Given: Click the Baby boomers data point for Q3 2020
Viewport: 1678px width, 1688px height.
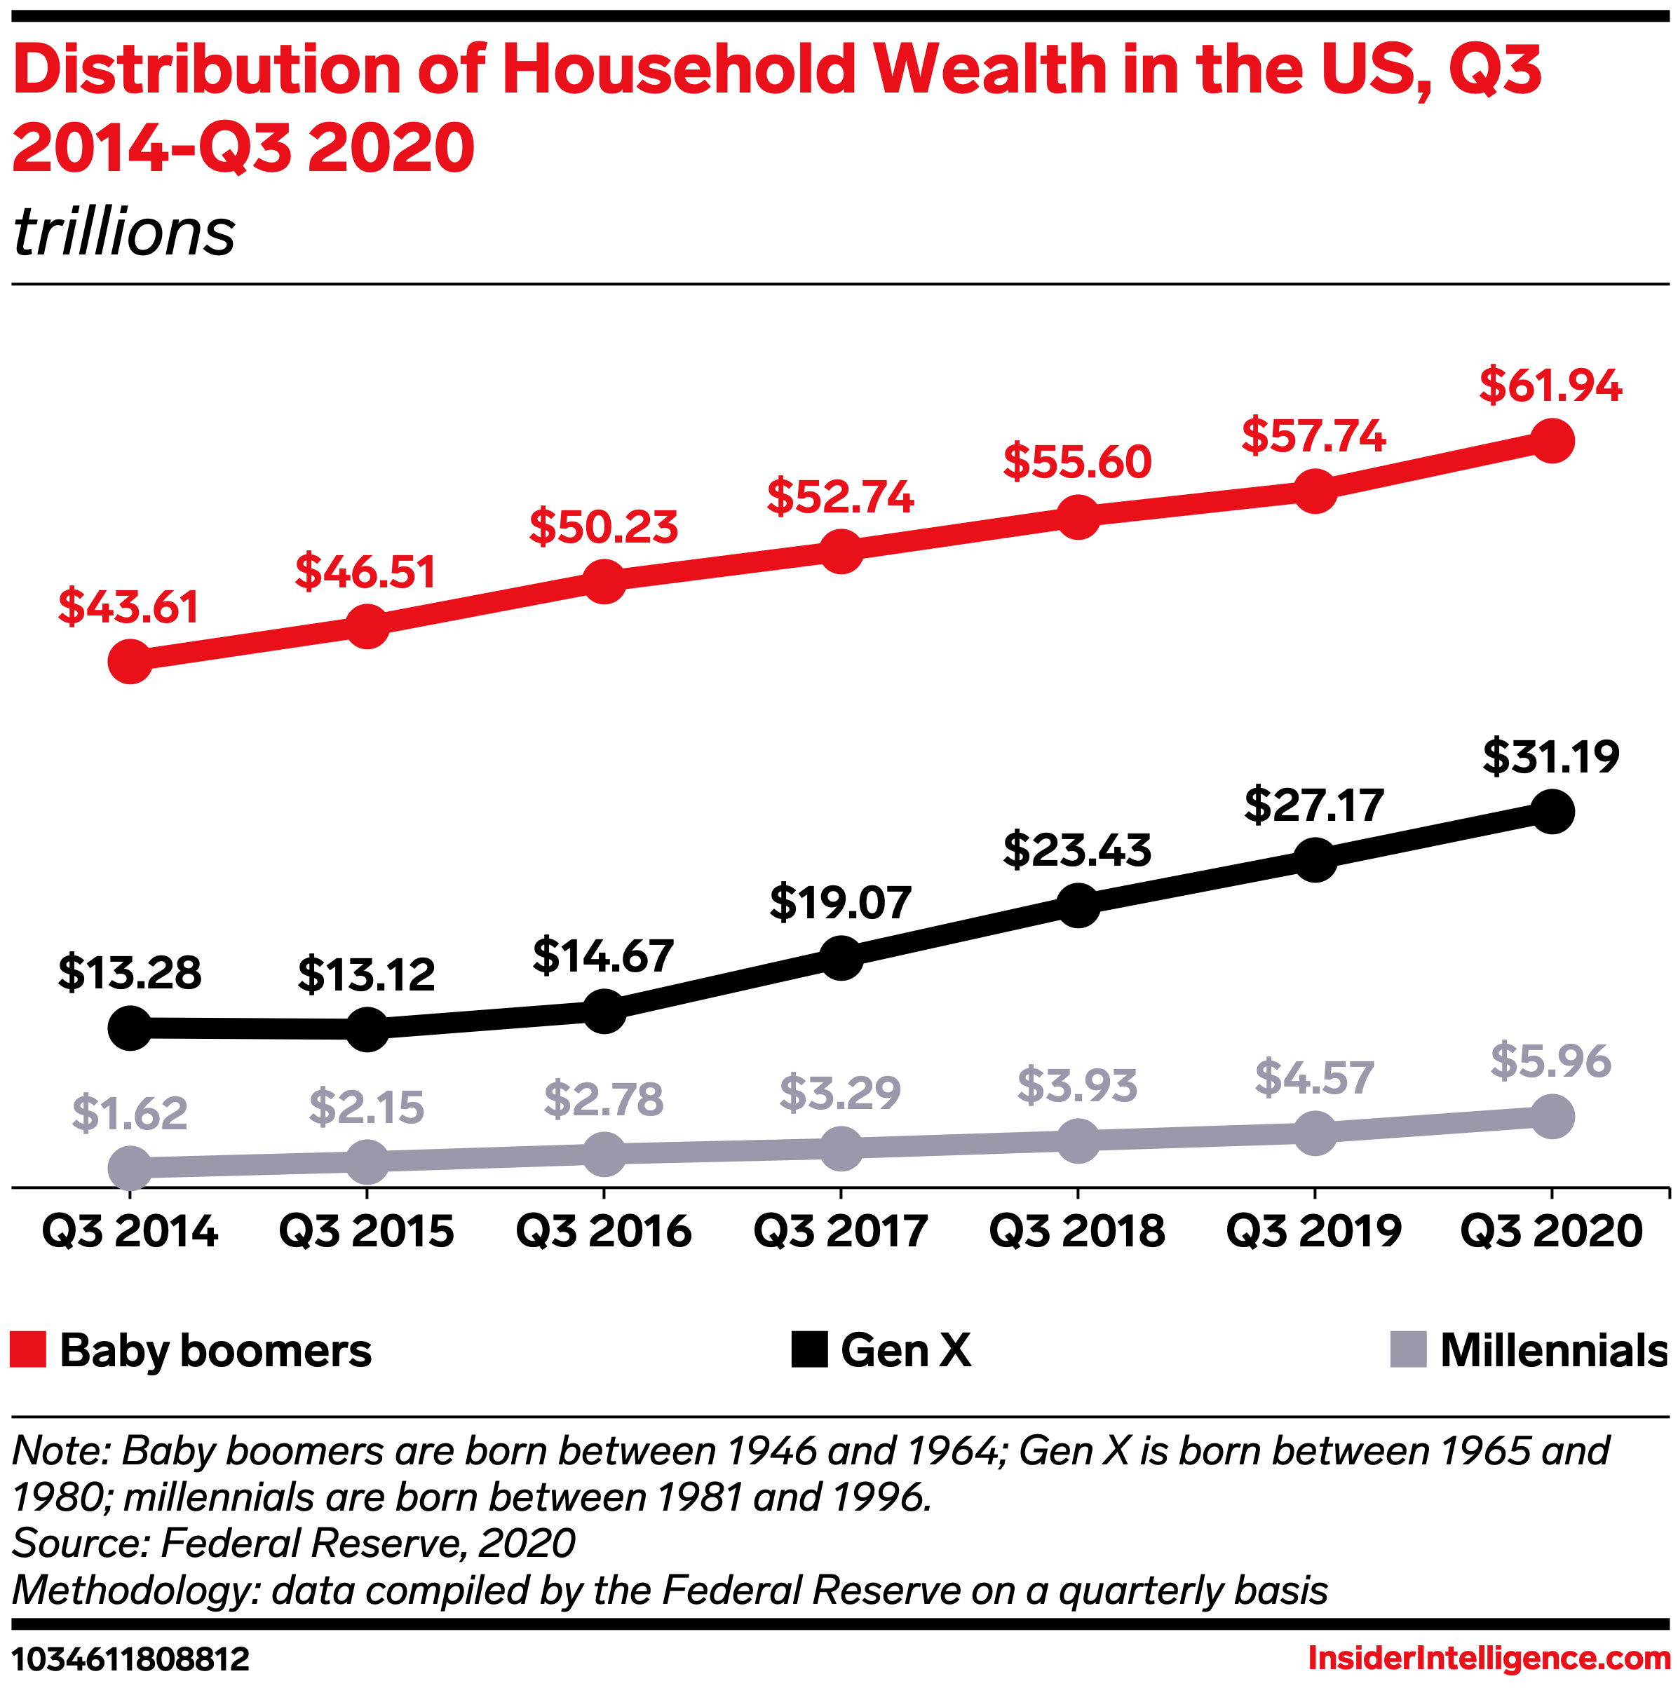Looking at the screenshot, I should click(1551, 440).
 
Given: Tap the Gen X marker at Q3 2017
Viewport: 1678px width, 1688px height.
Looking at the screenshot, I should click(841, 958).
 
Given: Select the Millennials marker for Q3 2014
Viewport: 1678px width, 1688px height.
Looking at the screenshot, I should click(130, 1168).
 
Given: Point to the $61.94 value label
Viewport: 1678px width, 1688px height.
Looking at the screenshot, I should click(1550, 386).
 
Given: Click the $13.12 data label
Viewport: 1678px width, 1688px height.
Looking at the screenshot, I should click(366, 975).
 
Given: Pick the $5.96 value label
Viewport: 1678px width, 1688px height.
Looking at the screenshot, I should click(1550, 1061).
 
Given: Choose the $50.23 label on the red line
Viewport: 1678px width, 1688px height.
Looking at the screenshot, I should click(604, 527).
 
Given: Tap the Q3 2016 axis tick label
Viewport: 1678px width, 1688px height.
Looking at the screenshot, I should click(604, 1231).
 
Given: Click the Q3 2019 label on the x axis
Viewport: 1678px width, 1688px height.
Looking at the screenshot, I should click(1315, 1231).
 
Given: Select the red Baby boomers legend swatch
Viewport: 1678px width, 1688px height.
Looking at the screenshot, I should click(28, 1350).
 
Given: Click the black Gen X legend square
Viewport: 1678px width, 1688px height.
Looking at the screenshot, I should click(809, 1350).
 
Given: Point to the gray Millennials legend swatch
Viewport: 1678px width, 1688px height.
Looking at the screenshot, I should click(1408, 1350).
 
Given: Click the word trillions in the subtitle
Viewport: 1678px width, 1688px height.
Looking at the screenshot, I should click(124, 233).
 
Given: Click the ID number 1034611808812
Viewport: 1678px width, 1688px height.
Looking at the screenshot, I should click(131, 1659).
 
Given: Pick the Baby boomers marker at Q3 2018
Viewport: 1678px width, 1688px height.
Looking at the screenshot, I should click(1078, 517).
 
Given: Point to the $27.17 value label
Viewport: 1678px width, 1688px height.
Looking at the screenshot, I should click(1315, 805).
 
